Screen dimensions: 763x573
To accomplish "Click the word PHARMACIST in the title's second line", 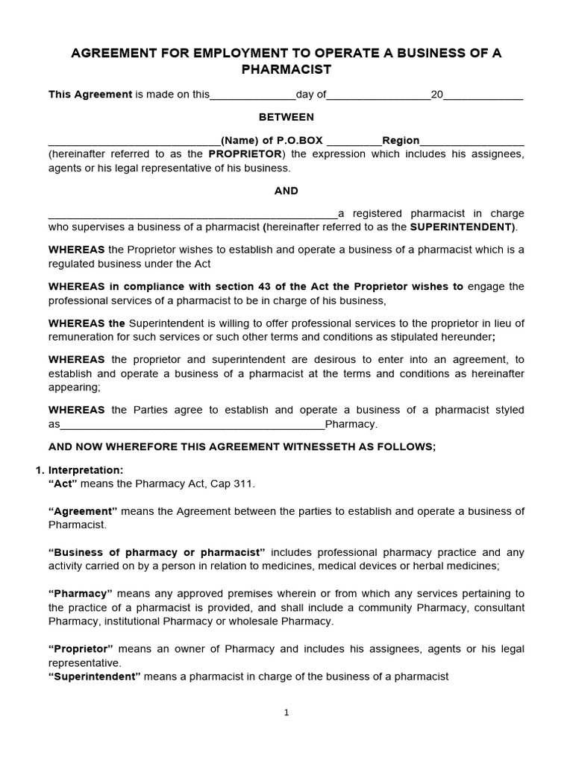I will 286,69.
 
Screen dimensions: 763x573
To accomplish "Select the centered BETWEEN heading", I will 286,117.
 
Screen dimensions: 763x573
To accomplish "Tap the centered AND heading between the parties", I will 286,191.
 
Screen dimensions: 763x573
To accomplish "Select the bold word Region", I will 401,141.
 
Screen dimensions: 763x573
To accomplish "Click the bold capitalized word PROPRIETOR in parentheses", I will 245,153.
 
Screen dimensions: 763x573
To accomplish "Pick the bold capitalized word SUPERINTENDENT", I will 462,227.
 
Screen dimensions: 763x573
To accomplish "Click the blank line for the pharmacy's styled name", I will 192,425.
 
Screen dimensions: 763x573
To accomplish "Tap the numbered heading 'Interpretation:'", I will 86,470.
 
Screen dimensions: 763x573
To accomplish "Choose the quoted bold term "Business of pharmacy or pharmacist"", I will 157,552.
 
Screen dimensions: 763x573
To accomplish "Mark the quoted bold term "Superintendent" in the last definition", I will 94,677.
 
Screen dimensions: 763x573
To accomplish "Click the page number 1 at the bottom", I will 286,712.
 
